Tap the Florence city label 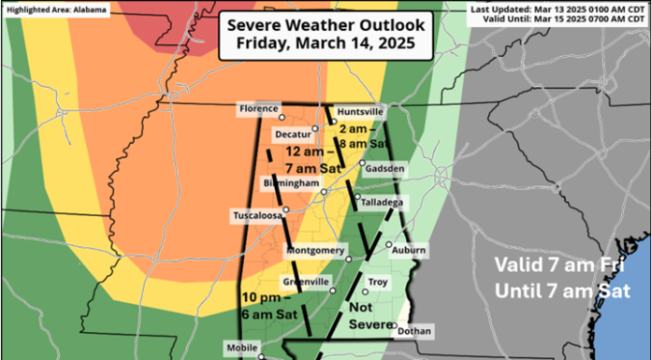tap(259, 109)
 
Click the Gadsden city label tap(384, 168)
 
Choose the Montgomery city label tap(315, 251)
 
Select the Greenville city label tap(304, 281)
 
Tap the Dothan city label tap(413, 331)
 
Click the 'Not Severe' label tap(369, 316)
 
